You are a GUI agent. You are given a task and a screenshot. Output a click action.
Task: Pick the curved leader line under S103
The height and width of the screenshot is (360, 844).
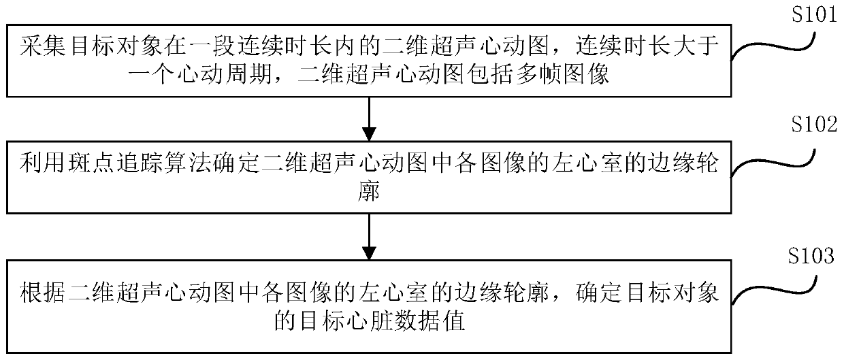click(x=779, y=289)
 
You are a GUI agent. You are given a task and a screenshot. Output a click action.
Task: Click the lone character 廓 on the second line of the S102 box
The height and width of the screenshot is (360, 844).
click(x=368, y=193)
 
